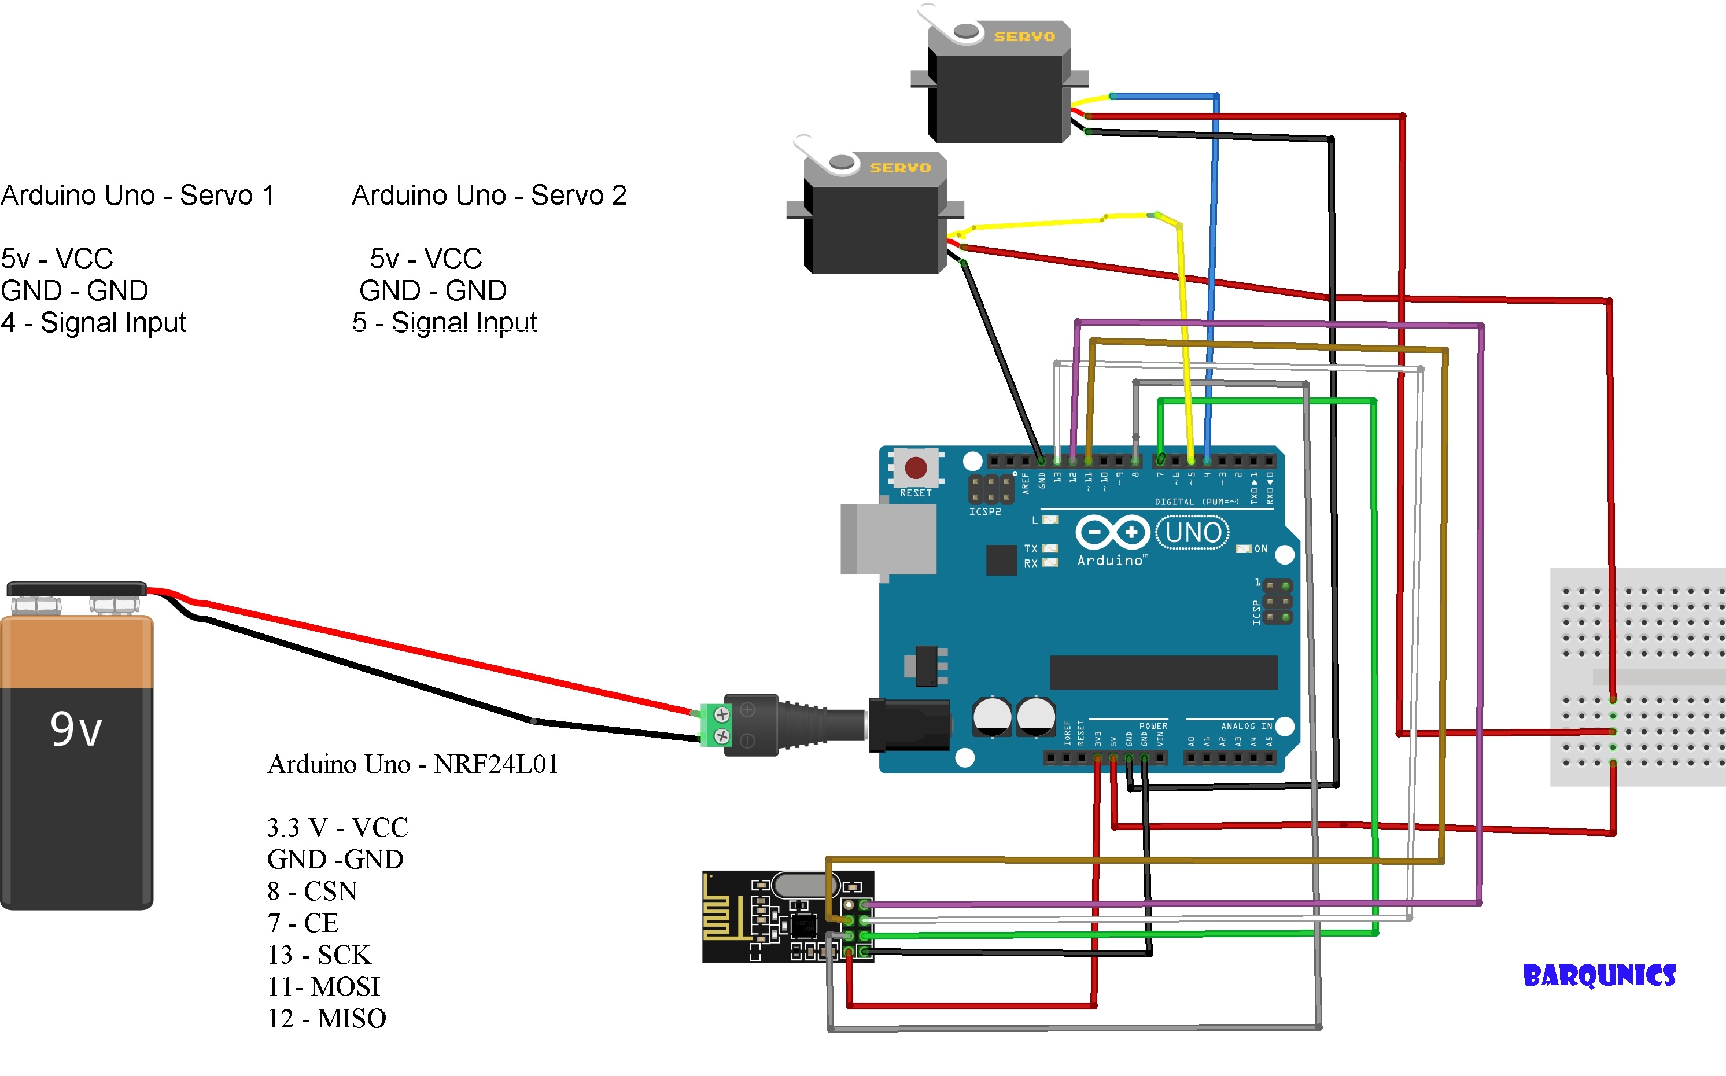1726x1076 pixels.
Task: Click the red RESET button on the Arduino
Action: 915,468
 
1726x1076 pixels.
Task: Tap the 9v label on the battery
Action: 76,729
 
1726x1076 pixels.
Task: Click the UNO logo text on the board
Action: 1193,533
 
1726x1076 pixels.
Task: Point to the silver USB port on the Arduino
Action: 888,539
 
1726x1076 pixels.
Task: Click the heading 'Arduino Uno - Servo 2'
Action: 489,196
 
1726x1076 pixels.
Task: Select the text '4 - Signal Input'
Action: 93,322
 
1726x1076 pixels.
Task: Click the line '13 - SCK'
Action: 319,955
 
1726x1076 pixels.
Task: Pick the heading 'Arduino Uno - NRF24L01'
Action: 412,764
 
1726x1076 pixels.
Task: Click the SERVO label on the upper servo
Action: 1024,37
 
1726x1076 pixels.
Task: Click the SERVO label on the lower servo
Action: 900,168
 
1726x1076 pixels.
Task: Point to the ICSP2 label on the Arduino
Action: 984,511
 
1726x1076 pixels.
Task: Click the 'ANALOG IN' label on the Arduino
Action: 1246,726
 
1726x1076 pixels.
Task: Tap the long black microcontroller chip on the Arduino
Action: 1163,672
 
